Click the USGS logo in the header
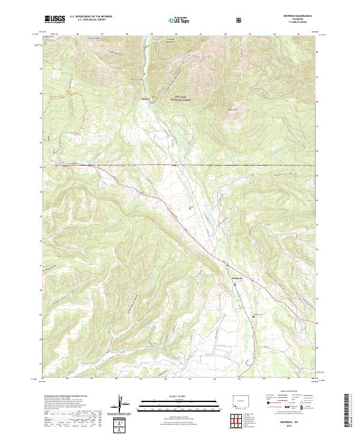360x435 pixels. point(55,19)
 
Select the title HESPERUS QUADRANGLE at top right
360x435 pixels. point(301,17)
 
